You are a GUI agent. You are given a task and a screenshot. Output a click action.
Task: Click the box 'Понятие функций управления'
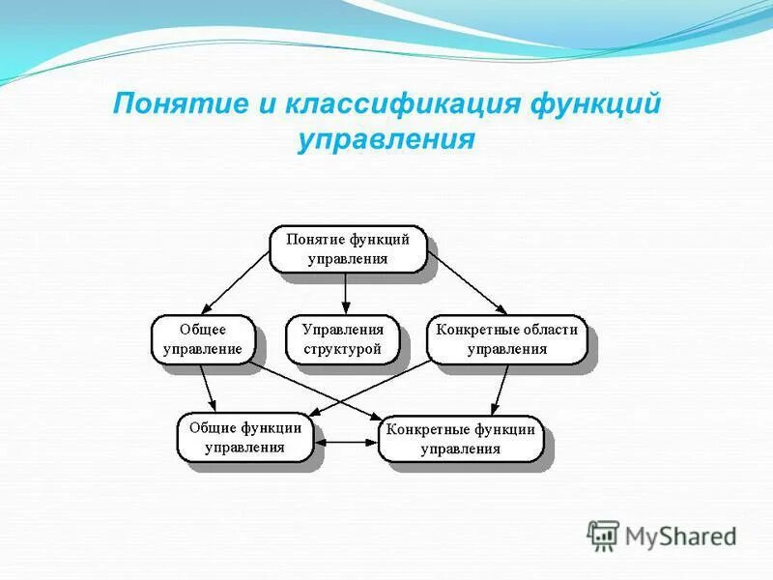click(x=347, y=249)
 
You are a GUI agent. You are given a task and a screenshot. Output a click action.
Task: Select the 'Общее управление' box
click(x=202, y=339)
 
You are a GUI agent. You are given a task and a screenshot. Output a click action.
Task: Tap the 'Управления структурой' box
click(x=342, y=339)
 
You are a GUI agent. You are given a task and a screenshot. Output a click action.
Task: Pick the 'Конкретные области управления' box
click(x=506, y=339)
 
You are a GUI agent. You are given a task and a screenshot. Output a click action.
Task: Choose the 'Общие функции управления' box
click(x=244, y=437)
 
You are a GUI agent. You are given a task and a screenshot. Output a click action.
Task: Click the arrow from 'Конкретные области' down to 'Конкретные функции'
click(x=499, y=390)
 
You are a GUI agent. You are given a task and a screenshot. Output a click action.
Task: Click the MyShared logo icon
click(x=604, y=535)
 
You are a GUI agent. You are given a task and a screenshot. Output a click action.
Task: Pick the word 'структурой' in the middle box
click(x=342, y=349)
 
